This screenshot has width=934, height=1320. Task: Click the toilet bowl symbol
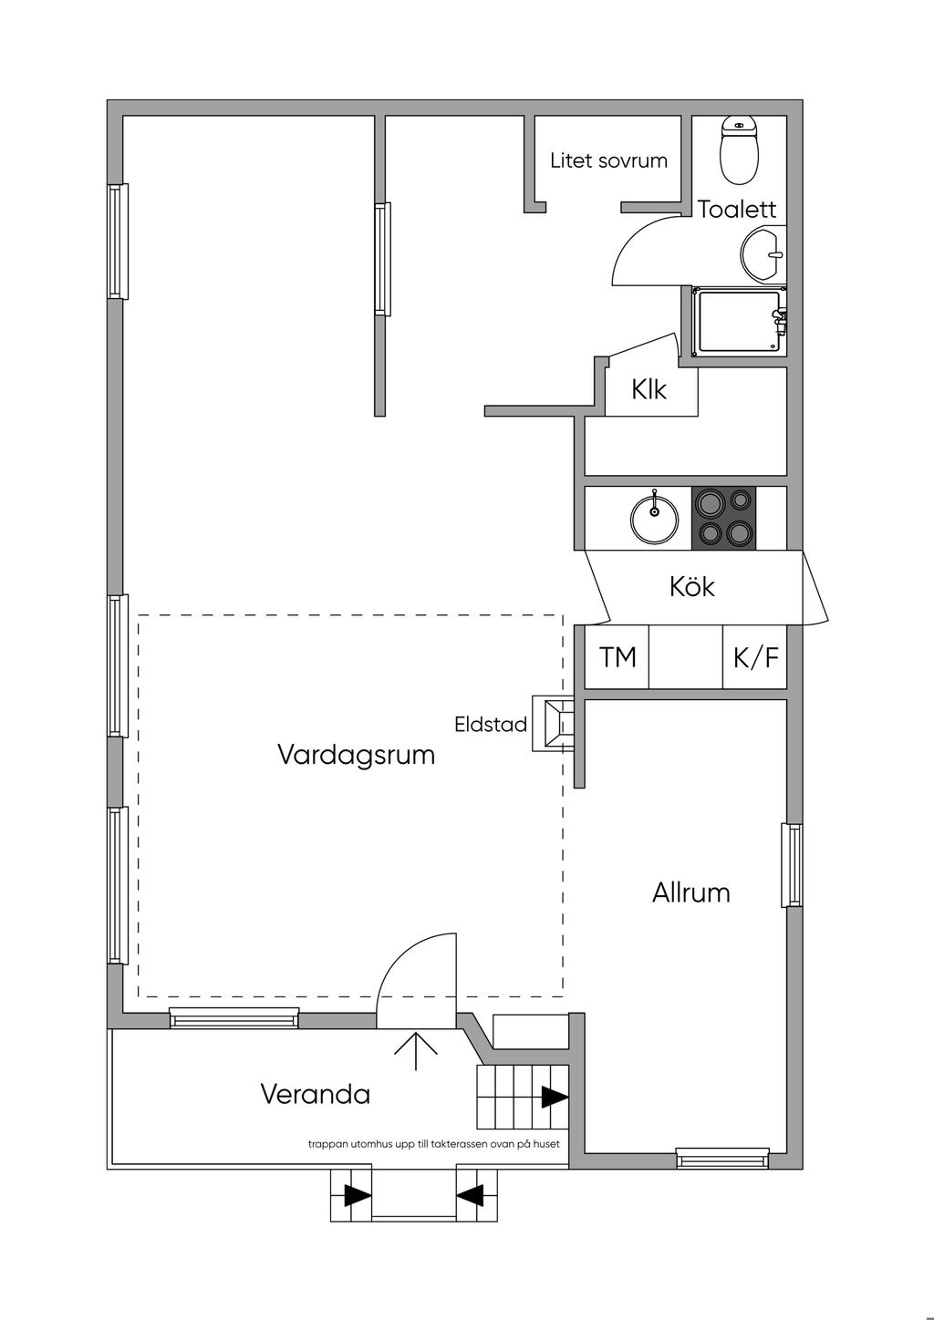pyautogui.click(x=739, y=150)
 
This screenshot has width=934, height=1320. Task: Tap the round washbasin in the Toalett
pyautogui.click(x=763, y=253)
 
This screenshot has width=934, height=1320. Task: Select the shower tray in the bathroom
pyautogui.click(x=738, y=322)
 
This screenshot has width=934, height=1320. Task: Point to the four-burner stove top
pyautogui.click(x=724, y=518)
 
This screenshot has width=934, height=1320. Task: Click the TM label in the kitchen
pyautogui.click(x=617, y=657)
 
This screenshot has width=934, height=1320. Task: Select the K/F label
pyautogui.click(x=756, y=657)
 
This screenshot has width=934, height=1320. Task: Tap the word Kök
pyautogui.click(x=692, y=586)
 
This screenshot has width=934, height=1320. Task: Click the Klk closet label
pyautogui.click(x=649, y=390)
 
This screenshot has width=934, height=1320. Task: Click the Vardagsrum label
pyautogui.click(x=356, y=755)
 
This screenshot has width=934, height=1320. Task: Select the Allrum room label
pyautogui.click(x=691, y=892)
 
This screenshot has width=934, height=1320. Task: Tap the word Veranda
pyautogui.click(x=316, y=1094)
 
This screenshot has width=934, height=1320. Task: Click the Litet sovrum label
pyautogui.click(x=608, y=161)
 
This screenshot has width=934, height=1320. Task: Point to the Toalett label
pyautogui.click(x=737, y=210)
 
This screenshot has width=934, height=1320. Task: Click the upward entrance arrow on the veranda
pyautogui.click(x=416, y=1050)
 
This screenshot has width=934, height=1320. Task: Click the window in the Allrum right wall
pyautogui.click(x=793, y=865)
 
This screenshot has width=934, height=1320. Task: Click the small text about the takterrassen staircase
pyautogui.click(x=433, y=1144)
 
